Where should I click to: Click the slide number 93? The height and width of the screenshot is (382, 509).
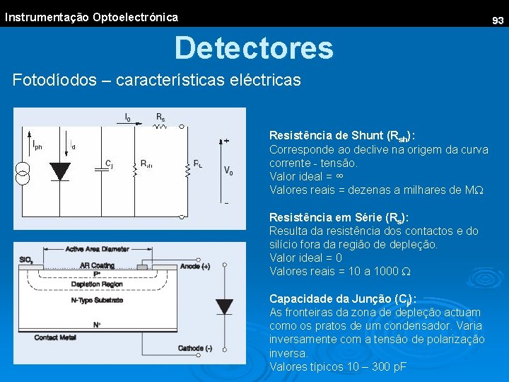coord(498,21)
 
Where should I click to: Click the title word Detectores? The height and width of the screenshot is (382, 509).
coord(254,48)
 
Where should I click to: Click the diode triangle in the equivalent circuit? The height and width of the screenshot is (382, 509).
coord(60,170)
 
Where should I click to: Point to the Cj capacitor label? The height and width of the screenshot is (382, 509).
coord(109,163)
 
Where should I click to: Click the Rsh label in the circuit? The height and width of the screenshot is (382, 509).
coord(146,163)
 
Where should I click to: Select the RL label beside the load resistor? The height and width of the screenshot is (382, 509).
coord(198,164)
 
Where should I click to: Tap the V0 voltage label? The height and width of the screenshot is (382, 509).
coord(228,170)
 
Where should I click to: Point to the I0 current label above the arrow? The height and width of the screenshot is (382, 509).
coord(127,117)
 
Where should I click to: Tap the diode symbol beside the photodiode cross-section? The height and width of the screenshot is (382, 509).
coord(224,306)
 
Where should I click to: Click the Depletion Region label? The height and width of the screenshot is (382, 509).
coord(97,284)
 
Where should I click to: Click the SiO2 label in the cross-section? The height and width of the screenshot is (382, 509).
coord(26,260)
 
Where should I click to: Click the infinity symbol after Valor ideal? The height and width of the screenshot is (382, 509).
coord(339,176)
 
